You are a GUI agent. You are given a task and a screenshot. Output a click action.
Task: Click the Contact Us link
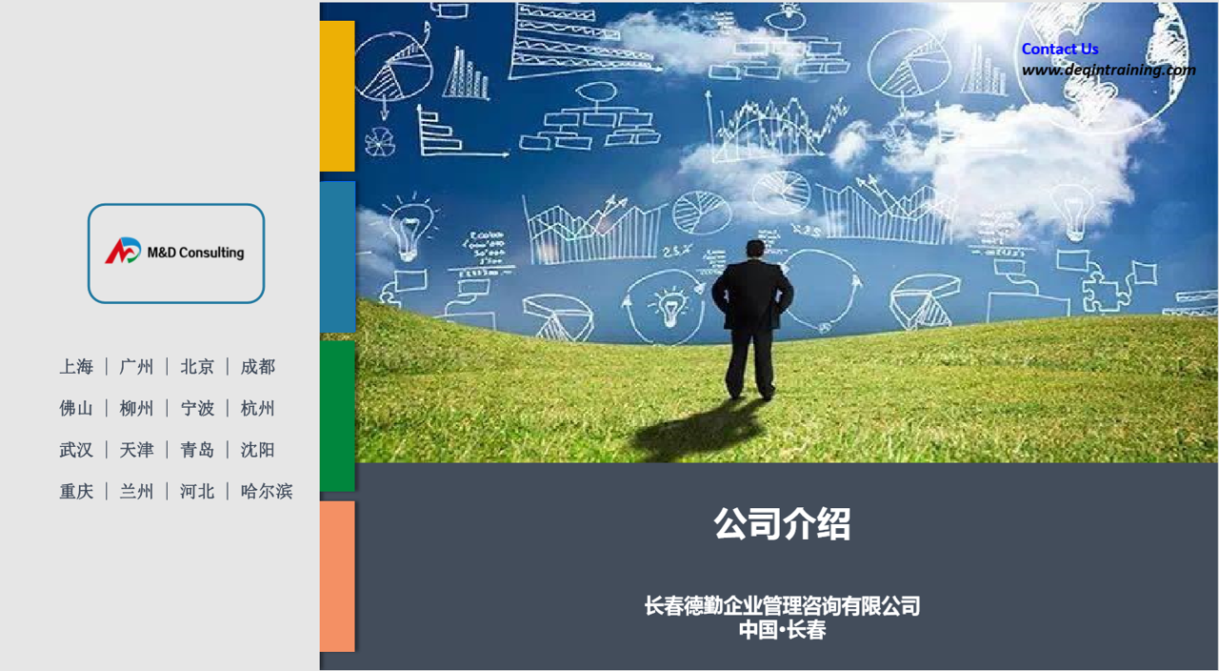1060,49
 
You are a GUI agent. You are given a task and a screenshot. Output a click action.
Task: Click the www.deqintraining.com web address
1109,71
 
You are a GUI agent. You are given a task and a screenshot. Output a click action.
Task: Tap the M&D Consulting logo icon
123,251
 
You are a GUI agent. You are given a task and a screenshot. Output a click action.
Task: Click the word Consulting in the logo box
211,253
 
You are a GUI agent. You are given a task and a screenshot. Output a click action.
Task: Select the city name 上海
76,367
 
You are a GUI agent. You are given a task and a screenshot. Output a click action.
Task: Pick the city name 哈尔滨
267,491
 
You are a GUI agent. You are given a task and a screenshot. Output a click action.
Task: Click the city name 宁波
197,408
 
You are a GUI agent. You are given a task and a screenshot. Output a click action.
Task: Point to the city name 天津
136,450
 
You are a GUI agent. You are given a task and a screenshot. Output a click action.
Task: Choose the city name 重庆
76,491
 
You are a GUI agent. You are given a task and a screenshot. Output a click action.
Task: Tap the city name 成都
258,367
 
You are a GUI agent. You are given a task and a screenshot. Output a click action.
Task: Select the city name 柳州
136,408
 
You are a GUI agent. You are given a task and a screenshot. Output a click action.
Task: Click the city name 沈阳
258,450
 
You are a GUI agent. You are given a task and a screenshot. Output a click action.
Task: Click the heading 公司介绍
782,524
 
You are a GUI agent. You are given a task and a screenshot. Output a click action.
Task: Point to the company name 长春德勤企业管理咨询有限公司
782,605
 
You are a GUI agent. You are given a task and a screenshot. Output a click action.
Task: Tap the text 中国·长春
782,630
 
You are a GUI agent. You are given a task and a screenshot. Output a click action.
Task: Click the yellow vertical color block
337,96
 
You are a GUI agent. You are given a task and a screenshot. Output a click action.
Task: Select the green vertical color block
337,417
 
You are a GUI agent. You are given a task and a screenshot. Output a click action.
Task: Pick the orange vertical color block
337,577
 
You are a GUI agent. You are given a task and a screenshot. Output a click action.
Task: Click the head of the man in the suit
755,250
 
